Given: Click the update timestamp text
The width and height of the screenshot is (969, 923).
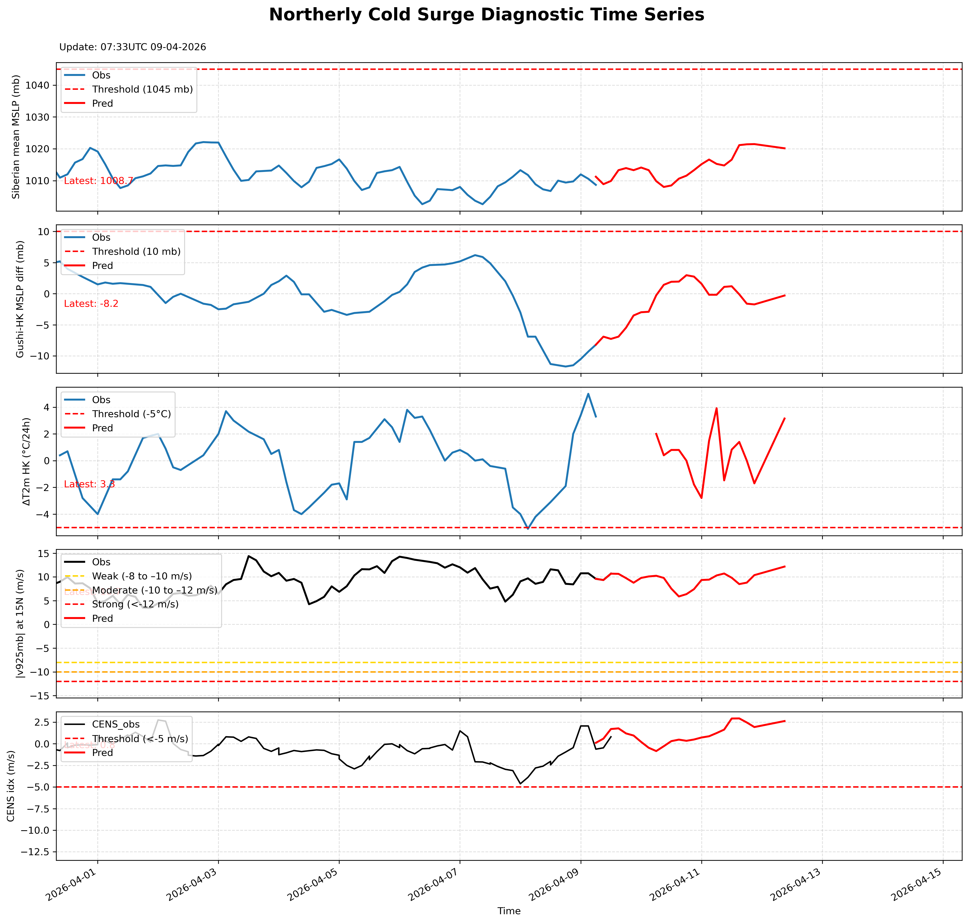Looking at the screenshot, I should [x=132, y=47].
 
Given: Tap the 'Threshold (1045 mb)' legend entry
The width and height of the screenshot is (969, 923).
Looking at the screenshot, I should [x=142, y=90].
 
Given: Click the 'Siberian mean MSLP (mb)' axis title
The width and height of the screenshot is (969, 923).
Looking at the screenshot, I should [x=16, y=137].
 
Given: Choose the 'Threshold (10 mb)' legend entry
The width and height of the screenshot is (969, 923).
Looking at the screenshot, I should [x=136, y=252].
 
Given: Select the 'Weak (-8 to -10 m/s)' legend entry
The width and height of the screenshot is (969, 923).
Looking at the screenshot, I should [x=142, y=576].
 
